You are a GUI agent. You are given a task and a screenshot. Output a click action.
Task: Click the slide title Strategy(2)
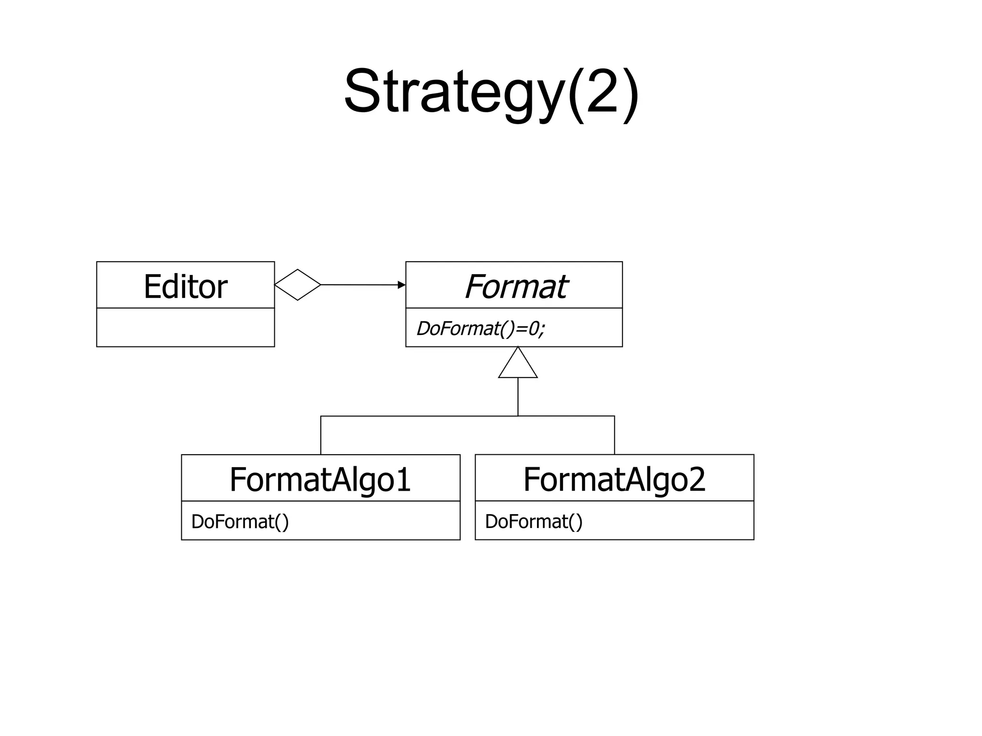coord(491,92)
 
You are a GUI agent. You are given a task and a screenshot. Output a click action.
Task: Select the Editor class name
coord(186,287)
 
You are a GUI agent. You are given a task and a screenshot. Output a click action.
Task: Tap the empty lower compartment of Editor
coord(186,327)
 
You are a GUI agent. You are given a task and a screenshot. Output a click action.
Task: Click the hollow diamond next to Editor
coord(297,285)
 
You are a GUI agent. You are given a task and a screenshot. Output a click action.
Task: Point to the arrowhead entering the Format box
coord(402,285)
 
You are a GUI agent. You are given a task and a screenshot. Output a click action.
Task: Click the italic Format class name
coord(515,287)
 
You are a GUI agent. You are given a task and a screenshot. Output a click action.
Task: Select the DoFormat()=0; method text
coord(480,329)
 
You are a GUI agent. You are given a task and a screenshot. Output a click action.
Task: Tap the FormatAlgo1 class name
coord(320,479)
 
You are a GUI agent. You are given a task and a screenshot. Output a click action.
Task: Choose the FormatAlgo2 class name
coord(614,479)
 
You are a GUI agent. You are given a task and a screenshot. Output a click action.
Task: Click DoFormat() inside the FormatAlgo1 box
coord(240,522)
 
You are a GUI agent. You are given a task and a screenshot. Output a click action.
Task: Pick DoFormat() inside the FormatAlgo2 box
coord(534,522)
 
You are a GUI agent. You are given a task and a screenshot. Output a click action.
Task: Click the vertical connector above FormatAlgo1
coord(321,435)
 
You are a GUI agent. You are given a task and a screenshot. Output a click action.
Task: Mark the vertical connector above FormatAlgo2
coord(614,435)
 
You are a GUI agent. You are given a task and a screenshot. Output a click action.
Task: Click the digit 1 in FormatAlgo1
coord(403,479)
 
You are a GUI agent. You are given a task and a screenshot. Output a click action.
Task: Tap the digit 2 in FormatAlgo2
coord(697,479)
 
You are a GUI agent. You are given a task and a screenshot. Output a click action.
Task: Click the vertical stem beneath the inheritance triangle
coord(518,397)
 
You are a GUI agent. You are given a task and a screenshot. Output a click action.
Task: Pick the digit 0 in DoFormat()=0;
coord(534,329)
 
